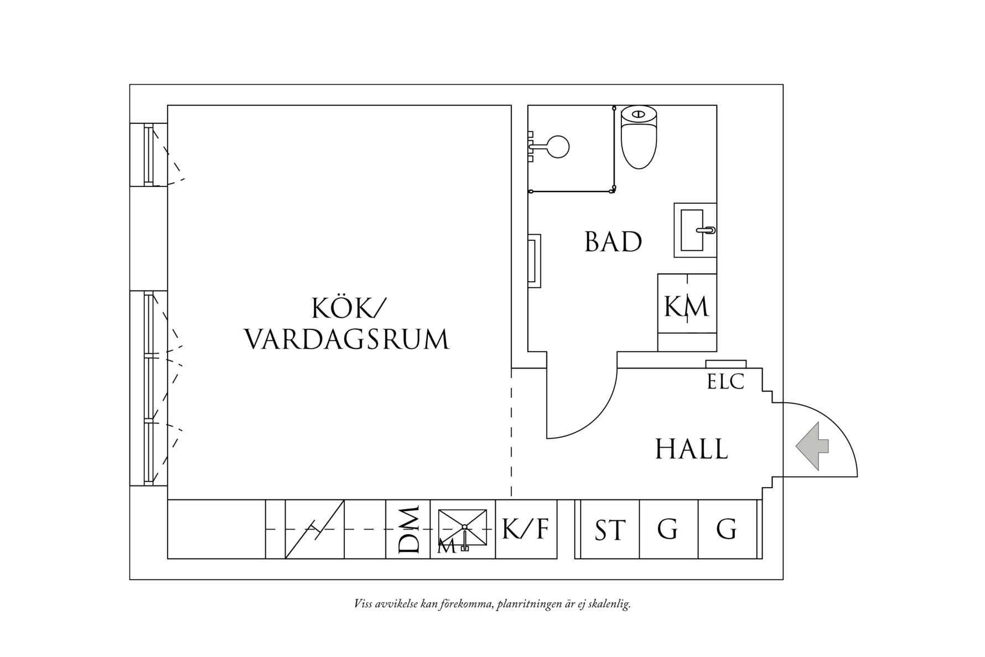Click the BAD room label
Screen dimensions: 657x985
pyautogui.click(x=613, y=242)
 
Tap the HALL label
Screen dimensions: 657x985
pyautogui.click(x=691, y=449)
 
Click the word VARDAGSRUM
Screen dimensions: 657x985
pyautogui.click(x=347, y=339)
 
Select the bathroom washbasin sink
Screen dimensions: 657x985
pyautogui.click(x=694, y=230)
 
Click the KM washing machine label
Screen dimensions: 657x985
pyautogui.click(x=686, y=306)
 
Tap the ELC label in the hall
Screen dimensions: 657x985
pyautogui.click(x=725, y=382)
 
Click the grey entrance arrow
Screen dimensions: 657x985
pyautogui.click(x=812, y=447)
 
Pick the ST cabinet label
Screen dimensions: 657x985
pyautogui.click(x=610, y=530)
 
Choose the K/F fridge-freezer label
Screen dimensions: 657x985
pyautogui.click(x=525, y=529)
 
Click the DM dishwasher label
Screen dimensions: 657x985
pyautogui.click(x=409, y=529)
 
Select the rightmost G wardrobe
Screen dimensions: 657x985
pyautogui.click(x=727, y=529)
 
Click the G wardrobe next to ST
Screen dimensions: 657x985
pyautogui.click(x=668, y=529)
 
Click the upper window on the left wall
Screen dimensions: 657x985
pyautogui.click(x=148, y=154)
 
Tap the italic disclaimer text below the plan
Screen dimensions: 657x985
pyautogui.click(x=492, y=603)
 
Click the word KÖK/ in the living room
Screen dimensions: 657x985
pyautogui.click(x=347, y=308)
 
